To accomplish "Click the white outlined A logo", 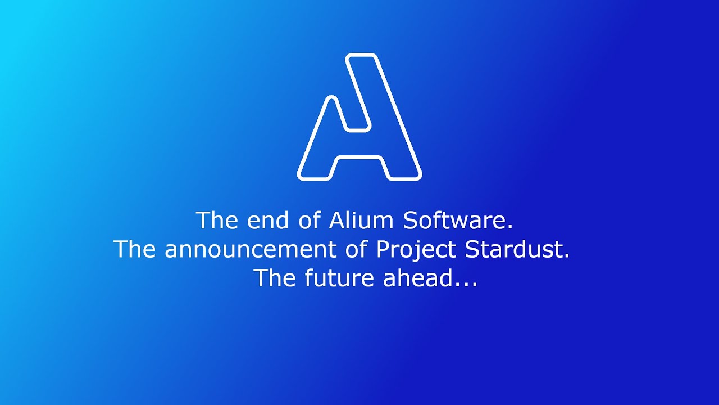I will [x=359, y=117].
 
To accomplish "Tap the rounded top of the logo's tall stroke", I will [x=361, y=56].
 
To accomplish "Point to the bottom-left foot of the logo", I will [x=315, y=175].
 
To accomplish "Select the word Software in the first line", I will [x=455, y=220].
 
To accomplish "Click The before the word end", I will [x=217, y=220].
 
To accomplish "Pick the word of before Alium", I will [x=310, y=220].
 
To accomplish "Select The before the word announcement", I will [x=135, y=249].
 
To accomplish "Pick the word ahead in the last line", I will [x=418, y=278].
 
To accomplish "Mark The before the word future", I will [x=275, y=278].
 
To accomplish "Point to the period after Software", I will [x=510, y=227].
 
